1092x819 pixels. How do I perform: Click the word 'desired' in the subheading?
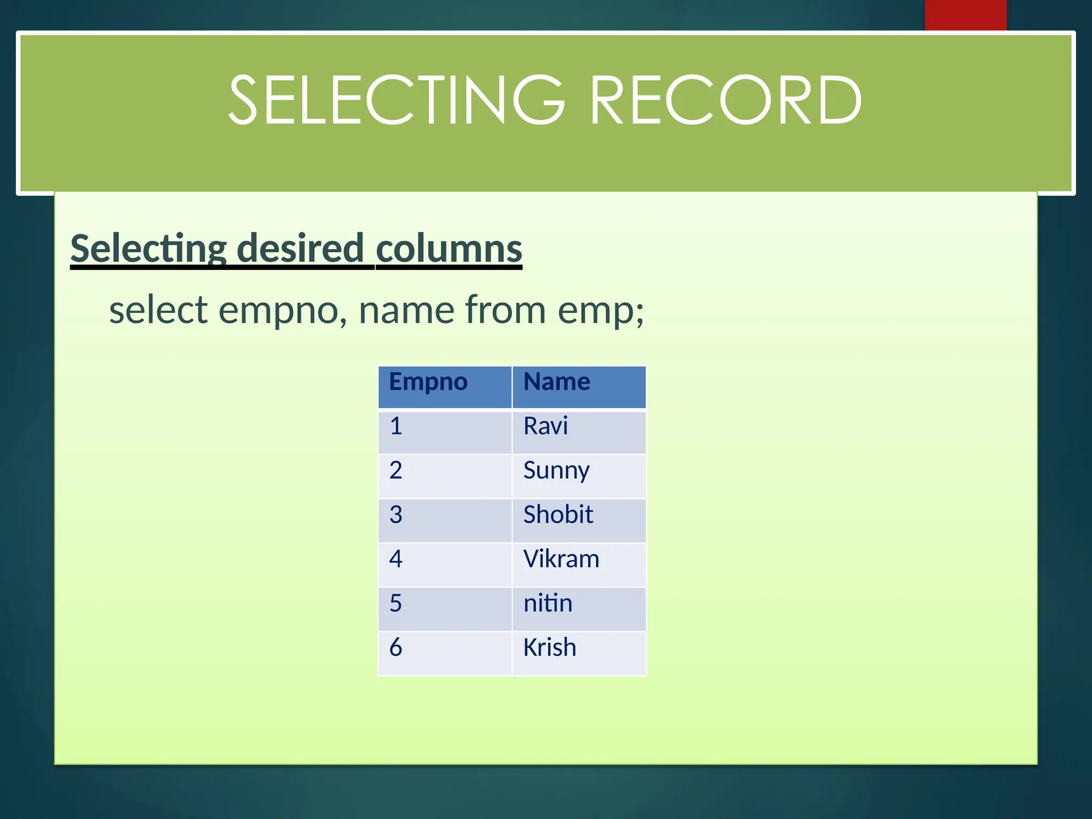click(x=300, y=248)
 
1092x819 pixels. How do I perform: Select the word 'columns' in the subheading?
click(x=449, y=248)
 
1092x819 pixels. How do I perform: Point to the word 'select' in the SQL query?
click(x=158, y=310)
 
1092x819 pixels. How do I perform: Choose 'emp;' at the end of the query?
click(x=601, y=311)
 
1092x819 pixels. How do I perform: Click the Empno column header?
click(x=428, y=382)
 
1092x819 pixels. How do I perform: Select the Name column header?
click(x=557, y=382)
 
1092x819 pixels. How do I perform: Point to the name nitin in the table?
click(x=548, y=603)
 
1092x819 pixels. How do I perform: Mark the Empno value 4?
click(x=396, y=559)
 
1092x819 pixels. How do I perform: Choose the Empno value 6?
click(x=396, y=647)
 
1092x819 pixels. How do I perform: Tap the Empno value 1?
click(x=396, y=426)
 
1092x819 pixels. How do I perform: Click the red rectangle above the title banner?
click(x=965, y=15)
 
